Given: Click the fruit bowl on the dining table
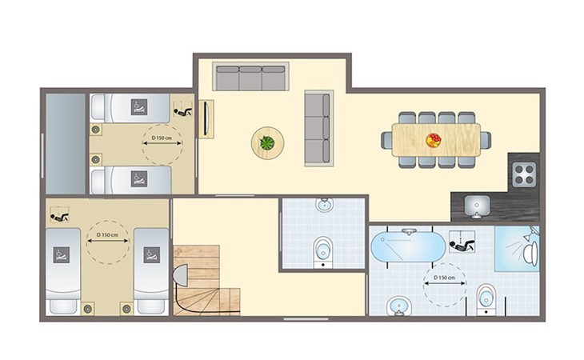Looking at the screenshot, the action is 434,140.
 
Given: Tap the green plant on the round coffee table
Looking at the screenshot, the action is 267,142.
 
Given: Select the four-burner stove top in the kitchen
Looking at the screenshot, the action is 524,174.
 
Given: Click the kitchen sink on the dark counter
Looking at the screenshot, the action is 477,206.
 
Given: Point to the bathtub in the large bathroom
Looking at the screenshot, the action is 408,246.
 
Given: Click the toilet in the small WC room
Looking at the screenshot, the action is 322,252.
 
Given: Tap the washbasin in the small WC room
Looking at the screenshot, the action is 325,204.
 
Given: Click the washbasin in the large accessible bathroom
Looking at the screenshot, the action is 399,306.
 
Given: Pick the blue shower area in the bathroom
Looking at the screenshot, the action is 517,248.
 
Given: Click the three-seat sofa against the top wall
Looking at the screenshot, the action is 250,76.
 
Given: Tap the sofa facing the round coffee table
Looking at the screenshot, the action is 318,128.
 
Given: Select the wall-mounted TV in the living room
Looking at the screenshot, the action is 206,119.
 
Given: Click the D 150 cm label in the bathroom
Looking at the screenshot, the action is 444,278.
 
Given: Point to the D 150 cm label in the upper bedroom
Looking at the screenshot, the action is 162,138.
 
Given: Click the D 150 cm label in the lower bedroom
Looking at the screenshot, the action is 107,235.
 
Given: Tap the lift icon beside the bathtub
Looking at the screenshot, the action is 462,242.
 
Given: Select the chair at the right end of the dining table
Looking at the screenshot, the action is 486,140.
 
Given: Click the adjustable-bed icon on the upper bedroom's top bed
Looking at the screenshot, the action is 139,107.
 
